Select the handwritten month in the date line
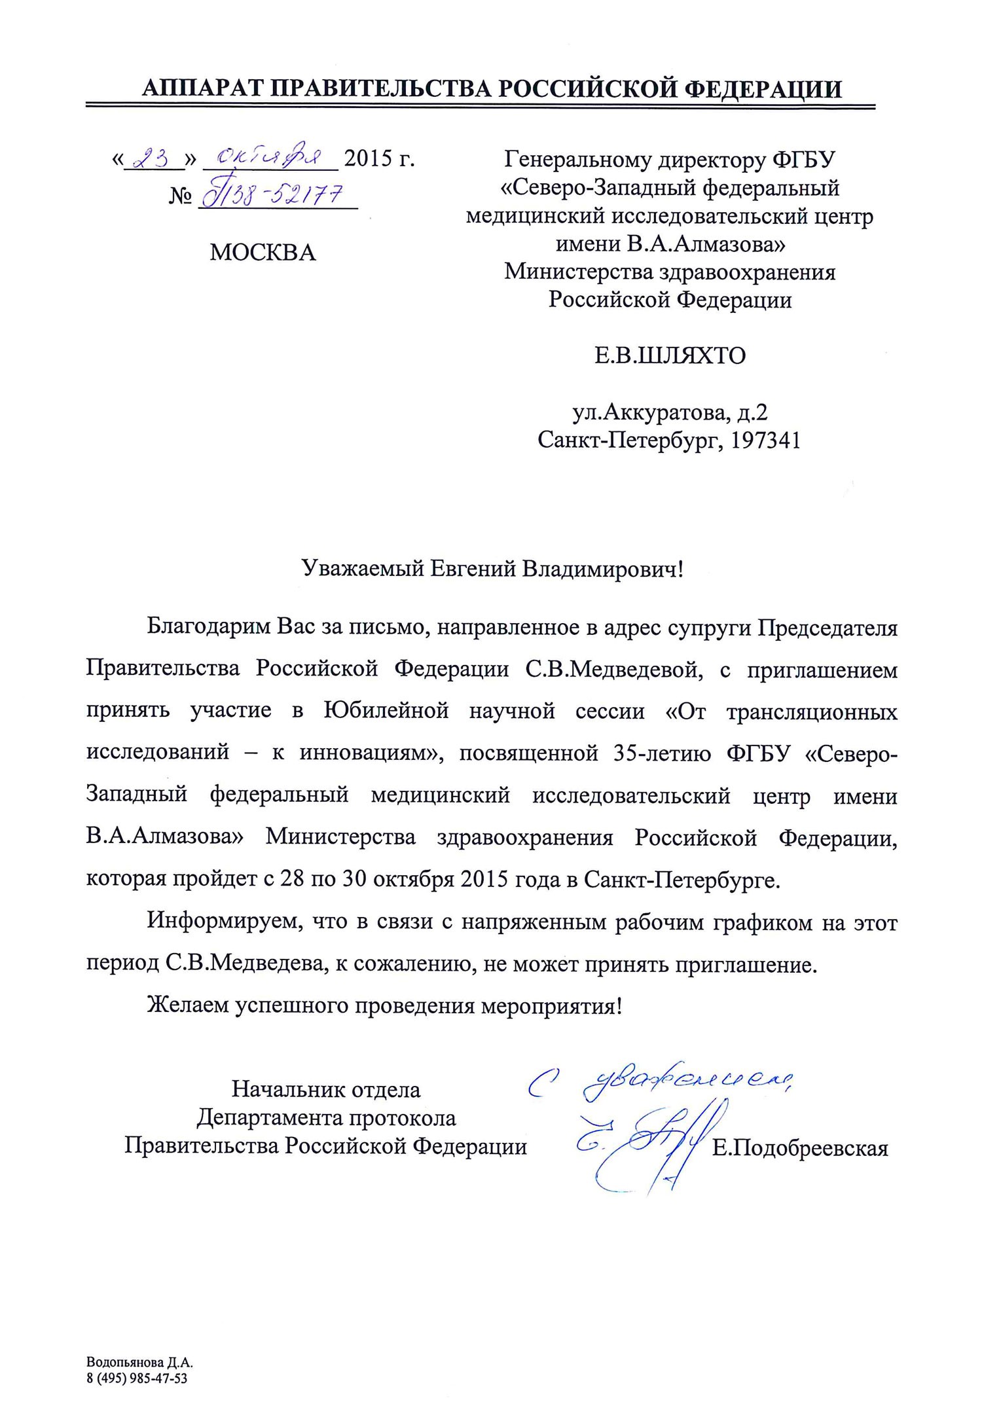(269, 158)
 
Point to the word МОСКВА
(263, 253)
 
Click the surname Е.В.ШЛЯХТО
(670, 356)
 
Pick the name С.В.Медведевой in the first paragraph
(614, 670)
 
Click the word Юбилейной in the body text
(386, 712)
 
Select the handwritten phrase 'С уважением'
(661, 1083)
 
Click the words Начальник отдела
(326, 1090)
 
